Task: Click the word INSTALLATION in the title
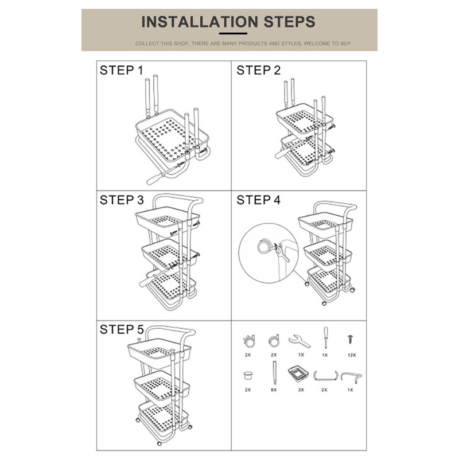point(200,22)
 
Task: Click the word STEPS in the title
point(290,22)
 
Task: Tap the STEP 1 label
point(122,70)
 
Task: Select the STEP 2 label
point(259,70)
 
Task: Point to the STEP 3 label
point(122,200)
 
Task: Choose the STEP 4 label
point(259,200)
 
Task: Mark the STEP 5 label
point(122,329)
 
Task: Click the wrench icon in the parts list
point(299,341)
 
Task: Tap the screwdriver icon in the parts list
point(325,338)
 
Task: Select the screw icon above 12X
point(350,339)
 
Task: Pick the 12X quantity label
point(352,355)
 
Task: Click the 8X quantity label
point(274,390)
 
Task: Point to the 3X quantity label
point(301,390)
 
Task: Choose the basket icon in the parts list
point(298,374)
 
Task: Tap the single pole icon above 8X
point(275,372)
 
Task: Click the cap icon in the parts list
point(248,375)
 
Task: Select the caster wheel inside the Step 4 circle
point(264,247)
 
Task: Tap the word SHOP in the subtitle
point(181,44)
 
